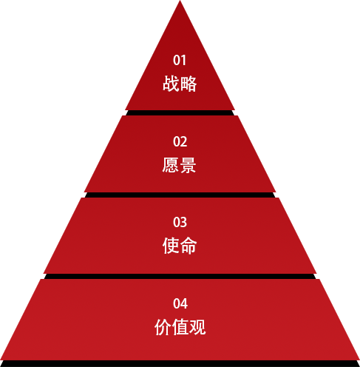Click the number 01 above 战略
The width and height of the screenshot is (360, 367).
click(180, 60)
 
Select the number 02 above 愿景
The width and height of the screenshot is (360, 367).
click(180, 142)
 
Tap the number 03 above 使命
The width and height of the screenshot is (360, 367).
click(180, 222)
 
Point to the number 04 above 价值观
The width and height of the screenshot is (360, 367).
click(180, 303)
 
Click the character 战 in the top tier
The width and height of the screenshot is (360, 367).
click(171, 84)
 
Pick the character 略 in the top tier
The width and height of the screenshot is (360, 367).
click(189, 84)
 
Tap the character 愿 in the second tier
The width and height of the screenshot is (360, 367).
click(171, 165)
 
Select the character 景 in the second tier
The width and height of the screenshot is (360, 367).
click(188, 165)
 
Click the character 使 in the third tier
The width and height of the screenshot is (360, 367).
click(171, 246)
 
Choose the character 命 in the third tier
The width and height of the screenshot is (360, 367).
click(189, 246)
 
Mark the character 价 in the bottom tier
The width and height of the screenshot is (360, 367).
click(163, 327)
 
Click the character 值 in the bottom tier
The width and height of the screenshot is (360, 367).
click(180, 327)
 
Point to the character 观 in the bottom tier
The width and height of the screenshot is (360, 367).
click(197, 327)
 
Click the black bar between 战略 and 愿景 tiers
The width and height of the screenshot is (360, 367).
click(180, 112)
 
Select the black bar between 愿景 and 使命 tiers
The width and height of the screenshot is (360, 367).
click(180, 195)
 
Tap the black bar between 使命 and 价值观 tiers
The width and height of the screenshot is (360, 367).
click(180, 276)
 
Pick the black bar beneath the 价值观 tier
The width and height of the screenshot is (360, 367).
click(180, 363)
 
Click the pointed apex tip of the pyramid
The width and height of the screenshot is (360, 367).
click(180, 1)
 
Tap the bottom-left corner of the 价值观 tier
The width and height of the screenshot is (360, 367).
click(1, 360)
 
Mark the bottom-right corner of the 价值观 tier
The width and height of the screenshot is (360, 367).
click(359, 360)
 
